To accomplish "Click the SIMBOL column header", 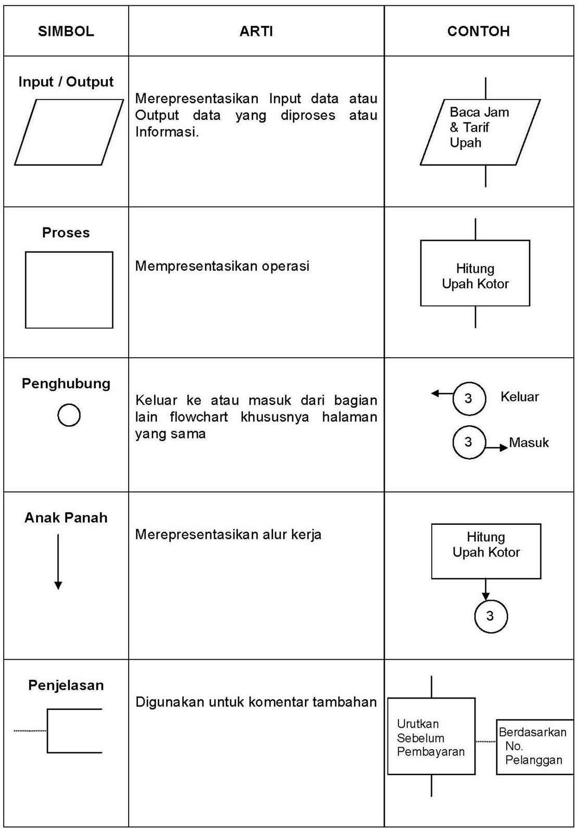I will (x=66, y=31).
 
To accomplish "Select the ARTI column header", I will (x=256, y=31).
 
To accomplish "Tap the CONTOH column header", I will (x=478, y=31).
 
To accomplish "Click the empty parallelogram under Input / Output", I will (x=69, y=132).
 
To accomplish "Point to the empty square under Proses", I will (x=69, y=290).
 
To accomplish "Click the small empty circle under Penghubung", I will (x=69, y=415).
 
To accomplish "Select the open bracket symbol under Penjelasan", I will (x=73, y=730).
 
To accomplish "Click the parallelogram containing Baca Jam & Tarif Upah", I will (x=480, y=132).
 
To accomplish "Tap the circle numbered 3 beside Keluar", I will (x=469, y=399).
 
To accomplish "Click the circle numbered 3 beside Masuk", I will (x=469, y=443).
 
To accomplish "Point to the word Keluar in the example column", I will (x=519, y=397).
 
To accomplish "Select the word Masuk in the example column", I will (x=529, y=443).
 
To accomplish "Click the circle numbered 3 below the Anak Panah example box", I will (x=491, y=616).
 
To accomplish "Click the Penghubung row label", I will (x=66, y=384).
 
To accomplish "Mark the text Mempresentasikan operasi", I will (x=222, y=266).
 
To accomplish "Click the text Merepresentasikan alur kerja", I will (x=228, y=535).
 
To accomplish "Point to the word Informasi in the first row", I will (x=167, y=132).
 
